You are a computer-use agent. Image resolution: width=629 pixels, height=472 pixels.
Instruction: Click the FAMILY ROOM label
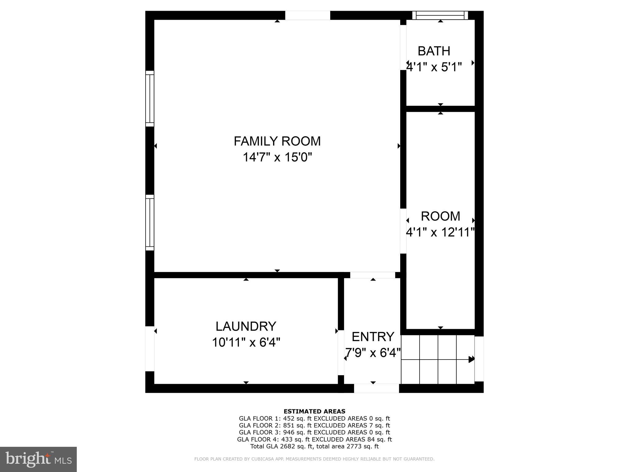click(x=277, y=141)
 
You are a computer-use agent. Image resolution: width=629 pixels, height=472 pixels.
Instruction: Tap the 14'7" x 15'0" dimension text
click(x=277, y=158)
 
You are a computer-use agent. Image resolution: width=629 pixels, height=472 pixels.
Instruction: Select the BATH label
click(x=434, y=51)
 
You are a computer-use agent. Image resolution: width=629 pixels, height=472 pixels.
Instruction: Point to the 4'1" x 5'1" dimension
click(x=434, y=67)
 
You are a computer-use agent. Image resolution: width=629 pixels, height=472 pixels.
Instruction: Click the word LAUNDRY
click(x=246, y=326)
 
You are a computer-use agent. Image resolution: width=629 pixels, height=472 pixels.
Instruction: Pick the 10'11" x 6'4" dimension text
click(x=246, y=342)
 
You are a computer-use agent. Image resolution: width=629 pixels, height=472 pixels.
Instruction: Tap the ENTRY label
click(x=373, y=337)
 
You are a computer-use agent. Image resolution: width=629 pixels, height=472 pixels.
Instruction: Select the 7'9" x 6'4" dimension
click(x=373, y=353)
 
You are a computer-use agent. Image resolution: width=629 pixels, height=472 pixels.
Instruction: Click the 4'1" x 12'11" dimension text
click(x=440, y=232)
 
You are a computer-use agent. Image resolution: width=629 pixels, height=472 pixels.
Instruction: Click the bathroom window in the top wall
click(x=440, y=15)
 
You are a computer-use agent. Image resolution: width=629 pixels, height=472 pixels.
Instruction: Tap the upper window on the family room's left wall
click(x=150, y=99)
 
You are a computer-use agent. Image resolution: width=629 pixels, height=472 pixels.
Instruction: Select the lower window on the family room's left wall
click(x=150, y=222)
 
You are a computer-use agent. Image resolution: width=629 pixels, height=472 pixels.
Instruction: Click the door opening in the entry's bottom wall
click(x=376, y=388)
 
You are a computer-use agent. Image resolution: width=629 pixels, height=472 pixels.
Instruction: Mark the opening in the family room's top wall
click(x=307, y=15)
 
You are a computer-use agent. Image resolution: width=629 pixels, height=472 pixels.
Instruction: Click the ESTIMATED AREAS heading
click(x=314, y=411)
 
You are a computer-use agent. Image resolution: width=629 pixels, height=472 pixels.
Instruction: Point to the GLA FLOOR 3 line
click(x=314, y=432)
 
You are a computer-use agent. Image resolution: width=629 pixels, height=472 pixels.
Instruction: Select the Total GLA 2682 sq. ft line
click(x=314, y=446)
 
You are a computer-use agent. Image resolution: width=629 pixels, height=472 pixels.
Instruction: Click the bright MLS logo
click(x=38, y=459)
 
